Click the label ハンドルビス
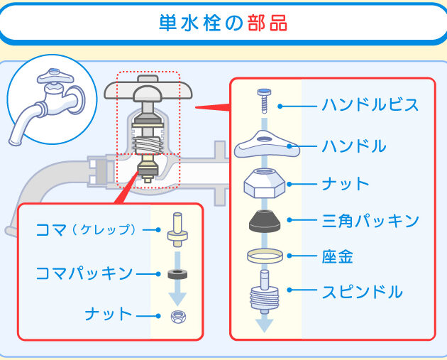(x=370, y=106)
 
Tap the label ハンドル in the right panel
(x=353, y=146)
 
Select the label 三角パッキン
(x=370, y=220)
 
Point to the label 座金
(x=338, y=256)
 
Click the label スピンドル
(x=362, y=292)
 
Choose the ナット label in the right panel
(x=345, y=184)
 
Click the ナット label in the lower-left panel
(x=109, y=314)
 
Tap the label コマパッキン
(x=84, y=273)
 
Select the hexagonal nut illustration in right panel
(x=265, y=185)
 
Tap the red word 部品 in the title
(x=268, y=23)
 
